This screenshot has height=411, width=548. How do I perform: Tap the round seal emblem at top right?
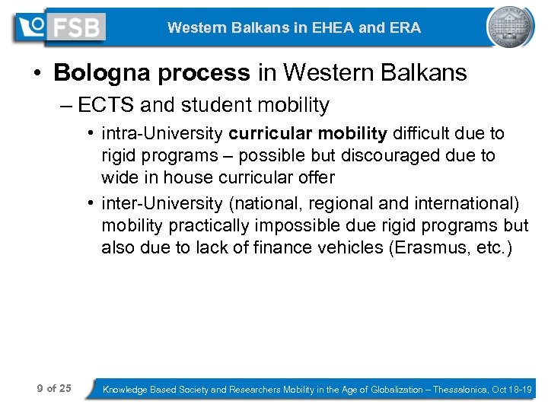pyautogui.click(x=509, y=27)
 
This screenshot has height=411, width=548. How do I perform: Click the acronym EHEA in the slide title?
pyautogui.click(x=324, y=28)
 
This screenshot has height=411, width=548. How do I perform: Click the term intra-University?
pyautogui.click(x=162, y=134)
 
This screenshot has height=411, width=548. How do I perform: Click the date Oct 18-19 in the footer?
pyautogui.click(x=512, y=390)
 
